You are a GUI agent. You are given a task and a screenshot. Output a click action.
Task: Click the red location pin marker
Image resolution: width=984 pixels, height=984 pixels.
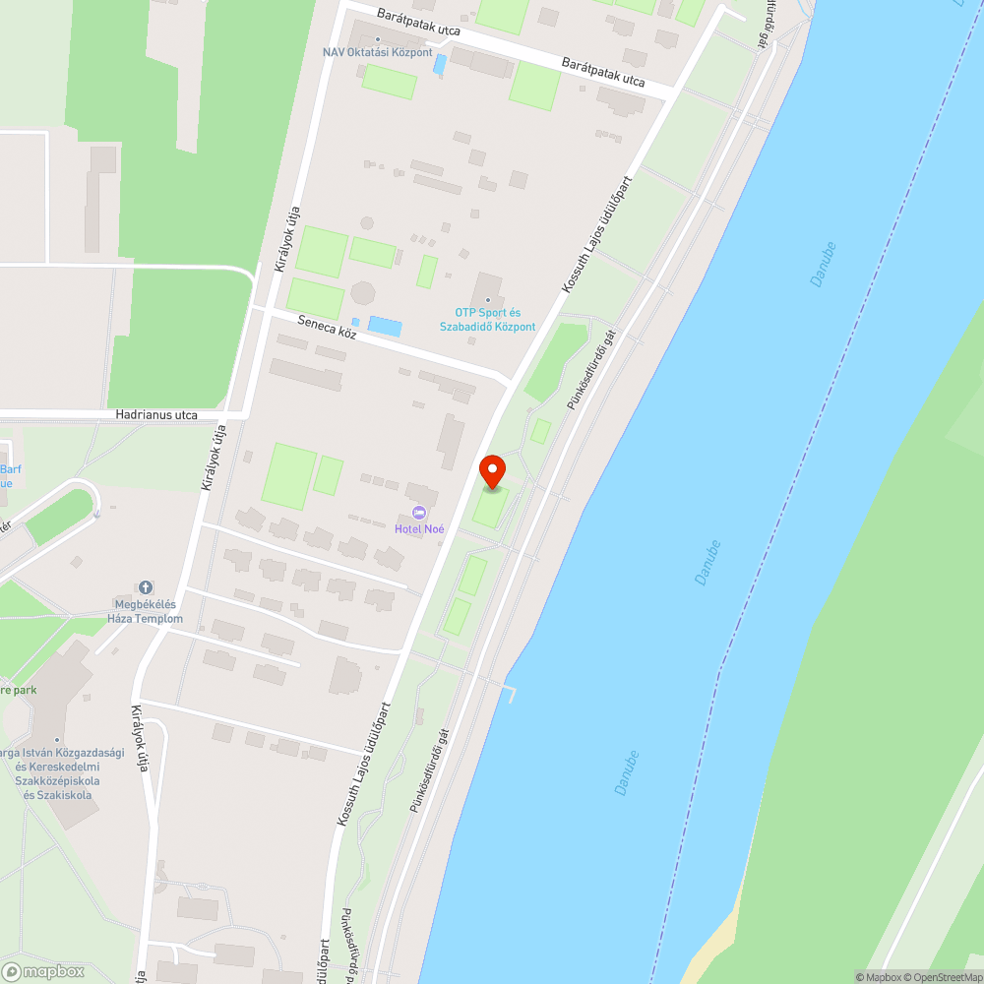[x=491, y=471]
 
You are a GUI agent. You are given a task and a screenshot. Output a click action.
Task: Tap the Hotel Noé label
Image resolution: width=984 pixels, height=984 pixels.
[x=420, y=529]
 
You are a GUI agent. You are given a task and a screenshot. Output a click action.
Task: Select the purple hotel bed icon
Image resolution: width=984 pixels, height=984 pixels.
[x=420, y=513]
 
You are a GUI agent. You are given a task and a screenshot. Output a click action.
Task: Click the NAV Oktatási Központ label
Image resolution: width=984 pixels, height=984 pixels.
[x=378, y=52]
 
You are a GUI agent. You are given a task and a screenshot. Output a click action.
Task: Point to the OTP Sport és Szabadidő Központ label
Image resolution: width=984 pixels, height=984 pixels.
[x=488, y=320]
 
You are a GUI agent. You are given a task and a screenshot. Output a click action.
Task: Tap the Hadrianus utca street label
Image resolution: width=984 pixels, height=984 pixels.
[x=156, y=415]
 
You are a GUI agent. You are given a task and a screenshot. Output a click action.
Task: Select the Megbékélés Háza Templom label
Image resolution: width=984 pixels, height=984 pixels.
[x=146, y=612]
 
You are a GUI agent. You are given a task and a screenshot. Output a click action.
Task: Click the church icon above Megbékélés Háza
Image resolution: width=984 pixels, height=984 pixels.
[x=146, y=587]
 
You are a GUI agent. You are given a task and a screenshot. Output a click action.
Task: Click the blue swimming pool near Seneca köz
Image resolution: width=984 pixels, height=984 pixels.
[x=384, y=326]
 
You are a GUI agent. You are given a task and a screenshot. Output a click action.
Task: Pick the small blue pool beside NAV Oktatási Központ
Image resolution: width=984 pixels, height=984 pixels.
[x=440, y=64]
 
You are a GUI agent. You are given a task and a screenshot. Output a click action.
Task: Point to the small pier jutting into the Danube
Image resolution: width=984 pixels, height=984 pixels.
[x=509, y=691]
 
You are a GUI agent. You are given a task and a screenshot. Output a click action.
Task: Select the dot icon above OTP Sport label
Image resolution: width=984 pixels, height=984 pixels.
[x=488, y=300]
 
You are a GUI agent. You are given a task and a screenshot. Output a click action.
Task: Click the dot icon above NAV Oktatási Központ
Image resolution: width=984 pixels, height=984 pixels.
[x=378, y=39]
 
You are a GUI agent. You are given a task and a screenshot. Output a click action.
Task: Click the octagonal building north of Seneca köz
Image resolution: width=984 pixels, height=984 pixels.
[x=363, y=293]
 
